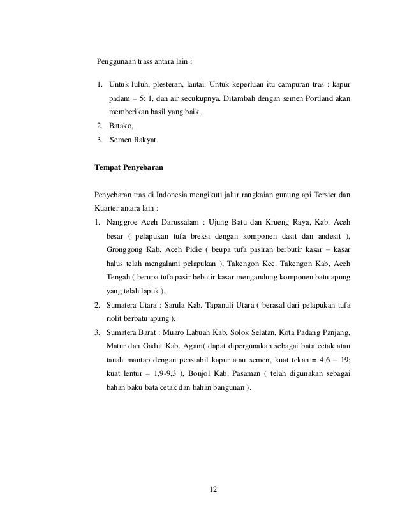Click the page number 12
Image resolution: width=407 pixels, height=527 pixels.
214,489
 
